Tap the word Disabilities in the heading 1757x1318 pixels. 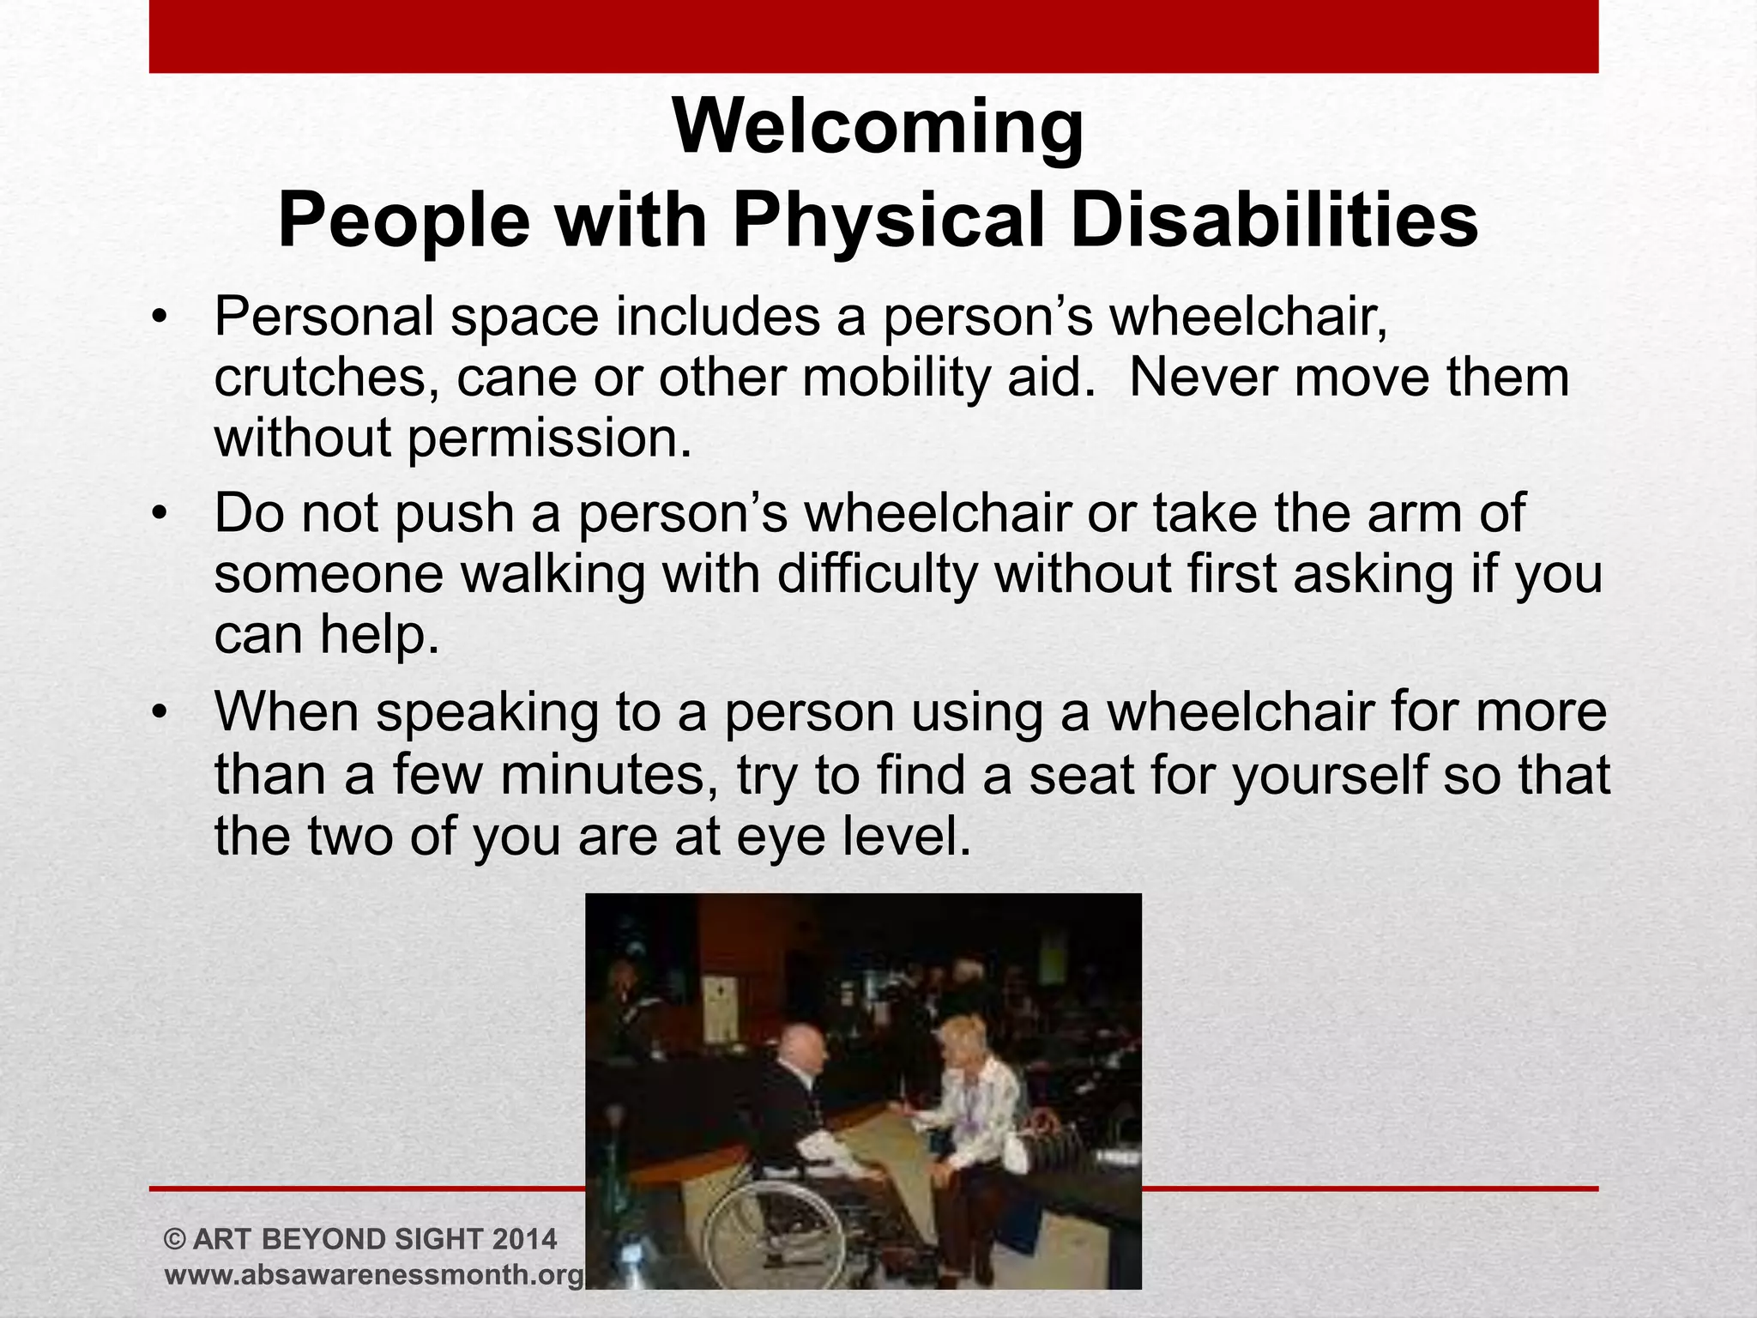pos(1275,221)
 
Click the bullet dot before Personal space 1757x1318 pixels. pos(158,318)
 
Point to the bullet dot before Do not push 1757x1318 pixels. pos(158,515)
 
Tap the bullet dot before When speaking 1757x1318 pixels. pos(158,713)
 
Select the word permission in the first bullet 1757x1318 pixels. pos(548,439)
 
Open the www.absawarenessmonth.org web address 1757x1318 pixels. pos(374,1275)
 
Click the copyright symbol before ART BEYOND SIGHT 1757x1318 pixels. pos(174,1239)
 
